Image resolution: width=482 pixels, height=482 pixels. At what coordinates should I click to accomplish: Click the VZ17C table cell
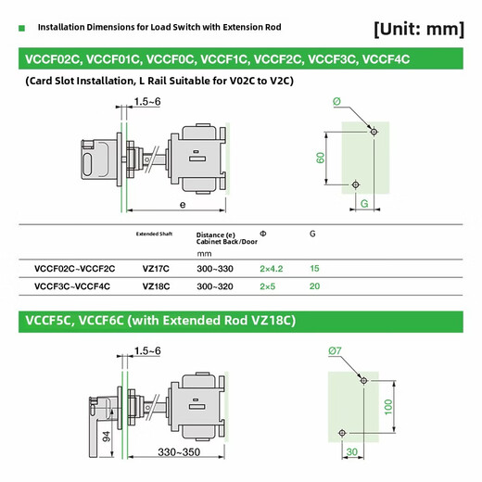point(155,268)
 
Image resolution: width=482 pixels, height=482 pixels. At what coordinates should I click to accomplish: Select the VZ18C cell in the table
point(156,287)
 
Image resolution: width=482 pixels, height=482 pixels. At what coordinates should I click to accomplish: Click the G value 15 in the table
point(315,268)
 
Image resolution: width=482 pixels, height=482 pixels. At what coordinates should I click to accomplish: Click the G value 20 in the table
point(315,287)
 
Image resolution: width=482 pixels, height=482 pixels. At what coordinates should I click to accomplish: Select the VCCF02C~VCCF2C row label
point(74,268)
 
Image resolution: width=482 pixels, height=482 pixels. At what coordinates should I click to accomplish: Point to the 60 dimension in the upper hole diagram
point(320,158)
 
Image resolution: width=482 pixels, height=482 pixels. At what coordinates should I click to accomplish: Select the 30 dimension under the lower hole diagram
point(351,452)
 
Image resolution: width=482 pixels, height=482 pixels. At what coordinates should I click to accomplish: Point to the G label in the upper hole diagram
point(364,201)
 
